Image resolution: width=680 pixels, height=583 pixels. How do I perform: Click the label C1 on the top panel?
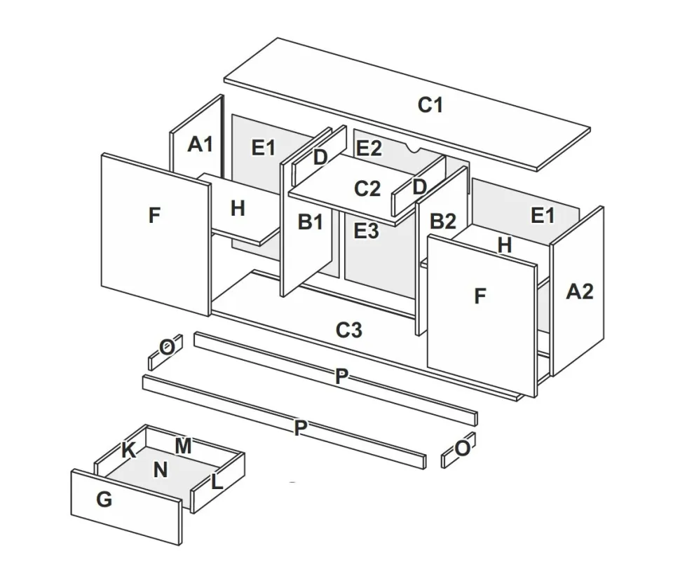430,105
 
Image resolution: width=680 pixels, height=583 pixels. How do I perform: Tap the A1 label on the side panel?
200,145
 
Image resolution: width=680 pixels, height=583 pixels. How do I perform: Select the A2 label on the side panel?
579,291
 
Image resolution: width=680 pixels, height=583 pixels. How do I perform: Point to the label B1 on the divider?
311,222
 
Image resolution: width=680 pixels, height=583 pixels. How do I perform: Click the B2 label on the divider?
442,222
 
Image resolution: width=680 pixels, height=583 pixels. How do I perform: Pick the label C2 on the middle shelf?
367,188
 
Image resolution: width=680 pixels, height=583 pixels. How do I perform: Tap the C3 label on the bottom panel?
348,329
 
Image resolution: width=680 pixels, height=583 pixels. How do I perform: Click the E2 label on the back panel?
369,149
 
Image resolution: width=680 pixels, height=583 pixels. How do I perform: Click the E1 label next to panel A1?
264,148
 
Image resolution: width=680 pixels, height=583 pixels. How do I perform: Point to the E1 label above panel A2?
543,216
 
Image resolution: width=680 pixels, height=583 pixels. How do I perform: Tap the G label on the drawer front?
104,500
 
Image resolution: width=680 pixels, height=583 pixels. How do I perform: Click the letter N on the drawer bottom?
161,470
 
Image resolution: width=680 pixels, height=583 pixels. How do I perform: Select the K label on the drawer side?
128,451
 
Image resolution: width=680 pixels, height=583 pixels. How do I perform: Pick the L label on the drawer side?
217,481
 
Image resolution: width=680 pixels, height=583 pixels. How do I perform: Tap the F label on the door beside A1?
154,216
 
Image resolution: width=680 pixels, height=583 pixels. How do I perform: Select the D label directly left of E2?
320,158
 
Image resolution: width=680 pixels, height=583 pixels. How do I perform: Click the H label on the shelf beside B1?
238,208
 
